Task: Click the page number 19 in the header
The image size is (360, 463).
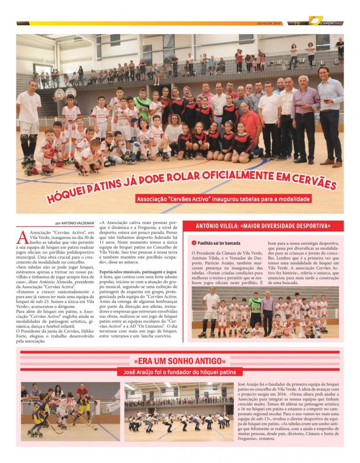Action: [x=297, y=23]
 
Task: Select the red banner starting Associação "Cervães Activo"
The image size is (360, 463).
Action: [x=223, y=199]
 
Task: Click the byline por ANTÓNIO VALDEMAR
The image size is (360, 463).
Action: [x=75, y=223]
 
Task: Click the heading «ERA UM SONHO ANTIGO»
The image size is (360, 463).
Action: [x=180, y=361]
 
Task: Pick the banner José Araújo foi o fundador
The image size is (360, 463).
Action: [x=180, y=373]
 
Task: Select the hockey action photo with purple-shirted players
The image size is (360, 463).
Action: [x=70, y=411]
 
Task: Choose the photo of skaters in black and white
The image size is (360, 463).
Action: [x=179, y=411]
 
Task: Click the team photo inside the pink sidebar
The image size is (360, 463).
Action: [x=265, y=313]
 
